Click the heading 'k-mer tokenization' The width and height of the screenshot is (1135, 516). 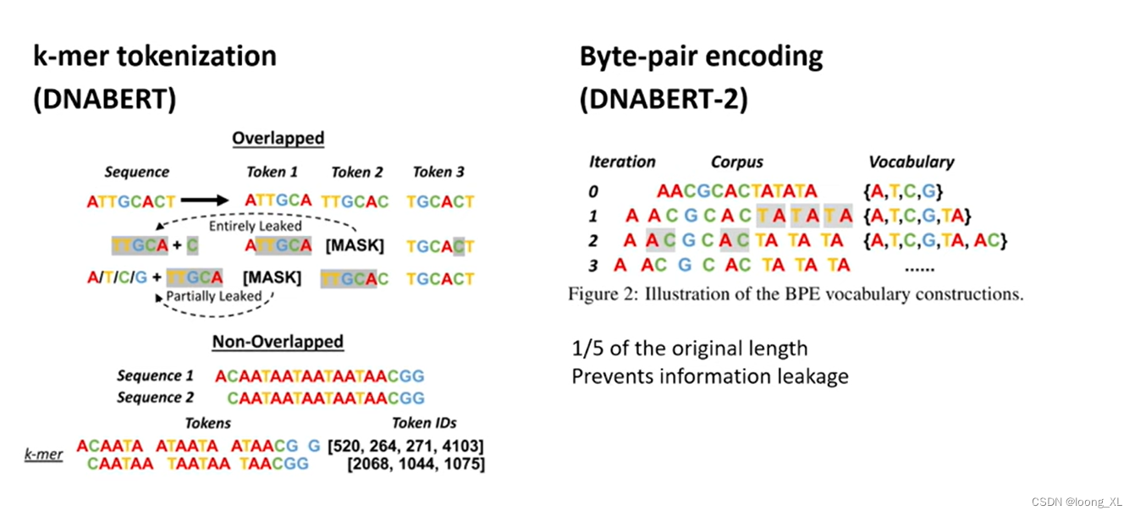click(x=155, y=57)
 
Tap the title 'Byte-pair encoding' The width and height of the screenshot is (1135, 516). click(x=701, y=57)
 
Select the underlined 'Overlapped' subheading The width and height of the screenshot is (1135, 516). click(x=278, y=138)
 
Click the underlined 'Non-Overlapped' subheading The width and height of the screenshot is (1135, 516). click(x=278, y=342)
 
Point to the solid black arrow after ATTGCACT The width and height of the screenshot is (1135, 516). click(x=204, y=200)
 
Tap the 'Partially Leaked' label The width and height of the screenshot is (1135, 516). click(x=213, y=296)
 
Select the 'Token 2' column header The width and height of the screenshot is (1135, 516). click(x=356, y=172)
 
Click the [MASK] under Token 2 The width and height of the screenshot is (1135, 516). click(x=355, y=246)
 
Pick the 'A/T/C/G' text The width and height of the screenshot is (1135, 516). click(x=118, y=277)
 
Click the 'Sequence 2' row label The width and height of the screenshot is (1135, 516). click(x=155, y=398)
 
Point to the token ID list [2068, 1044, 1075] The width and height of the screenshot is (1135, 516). click(x=416, y=464)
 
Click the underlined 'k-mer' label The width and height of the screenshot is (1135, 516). click(x=43, y=454)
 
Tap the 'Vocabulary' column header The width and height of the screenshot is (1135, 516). click(x=911, y=162)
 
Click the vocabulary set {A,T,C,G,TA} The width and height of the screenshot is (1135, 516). click(x=917, y=215)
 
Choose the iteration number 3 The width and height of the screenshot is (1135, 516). click(x=593, y=266)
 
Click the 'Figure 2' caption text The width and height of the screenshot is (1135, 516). click(x=796, y=295)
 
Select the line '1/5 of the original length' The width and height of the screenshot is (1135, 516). click(x=690, y=349)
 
